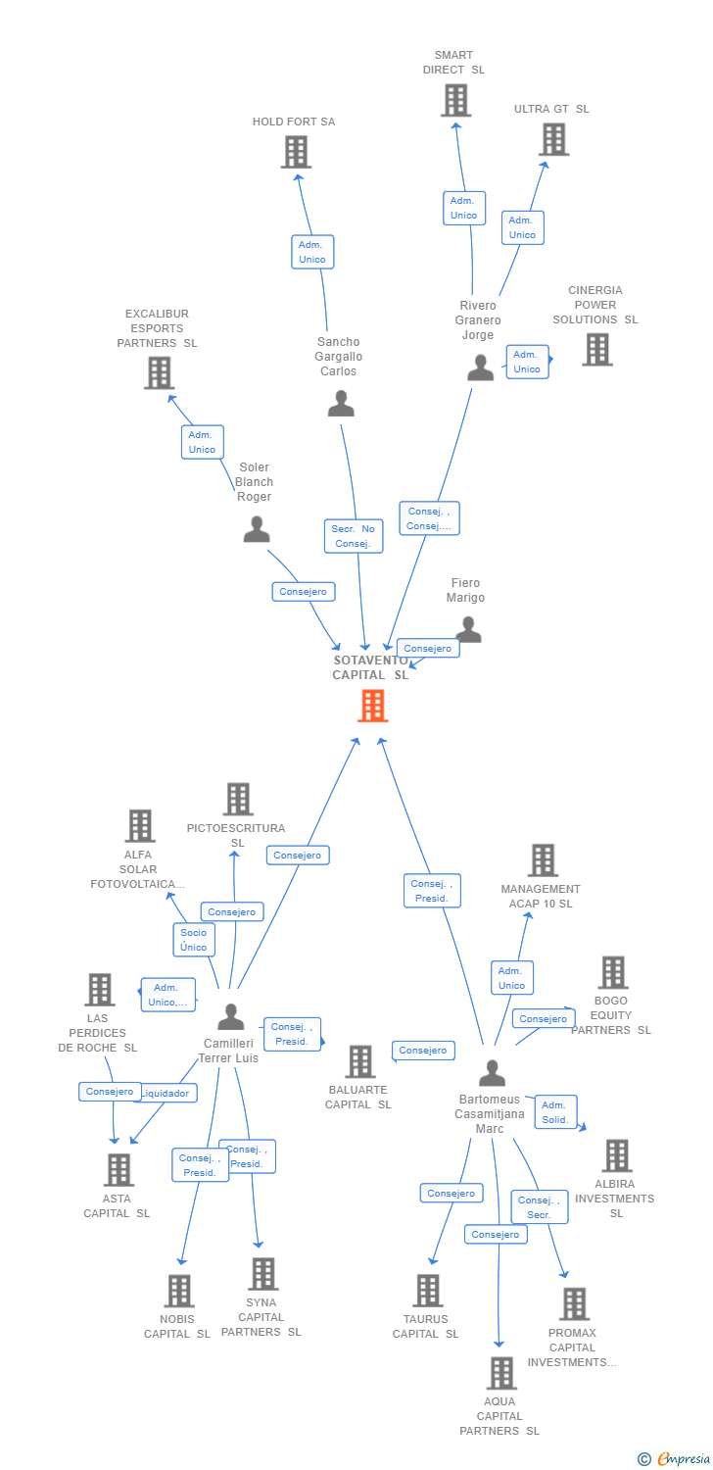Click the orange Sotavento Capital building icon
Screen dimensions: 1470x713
[372, 706]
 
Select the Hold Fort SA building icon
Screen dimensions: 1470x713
[296, 152]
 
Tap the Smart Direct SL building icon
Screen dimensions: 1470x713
[455, 100]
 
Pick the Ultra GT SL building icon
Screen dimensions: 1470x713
[553, 139]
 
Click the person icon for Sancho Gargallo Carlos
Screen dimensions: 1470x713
[341, 403]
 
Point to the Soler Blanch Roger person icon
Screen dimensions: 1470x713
[256, 529]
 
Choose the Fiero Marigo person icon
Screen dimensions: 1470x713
[469, 629]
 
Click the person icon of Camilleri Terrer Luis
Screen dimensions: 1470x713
[231, 1017]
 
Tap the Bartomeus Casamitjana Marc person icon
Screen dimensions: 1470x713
[492, 1073]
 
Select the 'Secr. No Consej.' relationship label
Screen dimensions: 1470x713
[354, 536]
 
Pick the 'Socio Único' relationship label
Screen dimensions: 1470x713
[194, 940]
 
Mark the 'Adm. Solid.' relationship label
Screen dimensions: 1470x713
[555, 1112]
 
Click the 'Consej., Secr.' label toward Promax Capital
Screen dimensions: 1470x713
[539, 1207]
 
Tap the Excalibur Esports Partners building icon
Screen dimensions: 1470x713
[159, 372]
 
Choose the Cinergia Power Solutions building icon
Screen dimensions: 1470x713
[596, 349]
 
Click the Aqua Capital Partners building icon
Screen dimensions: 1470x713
[500, 1373]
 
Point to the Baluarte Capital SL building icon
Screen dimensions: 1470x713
[360, 1061]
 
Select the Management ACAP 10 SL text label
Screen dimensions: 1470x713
[541, 897]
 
